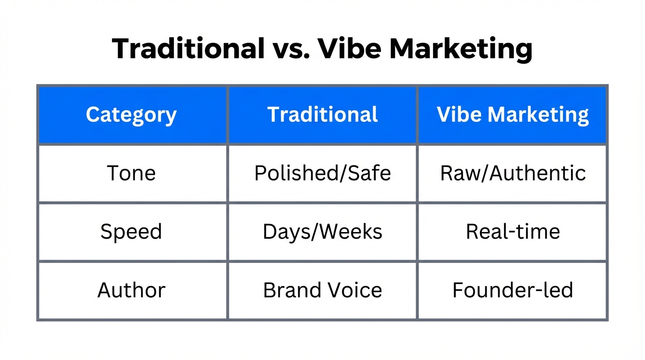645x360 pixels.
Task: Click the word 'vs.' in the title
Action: (x=291, y=48)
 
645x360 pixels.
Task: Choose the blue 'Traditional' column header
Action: (x=322, y=115)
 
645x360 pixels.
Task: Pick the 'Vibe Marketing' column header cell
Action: (x=513, y=115)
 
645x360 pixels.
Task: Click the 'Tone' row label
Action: (x=131, y=173)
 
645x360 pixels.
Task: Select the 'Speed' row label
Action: (x=131, y=232)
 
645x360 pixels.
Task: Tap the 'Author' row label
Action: (x=131, y=291)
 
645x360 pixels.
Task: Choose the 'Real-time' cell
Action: (x=513, y=232)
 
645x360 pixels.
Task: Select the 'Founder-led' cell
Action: (x=513, y=291)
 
